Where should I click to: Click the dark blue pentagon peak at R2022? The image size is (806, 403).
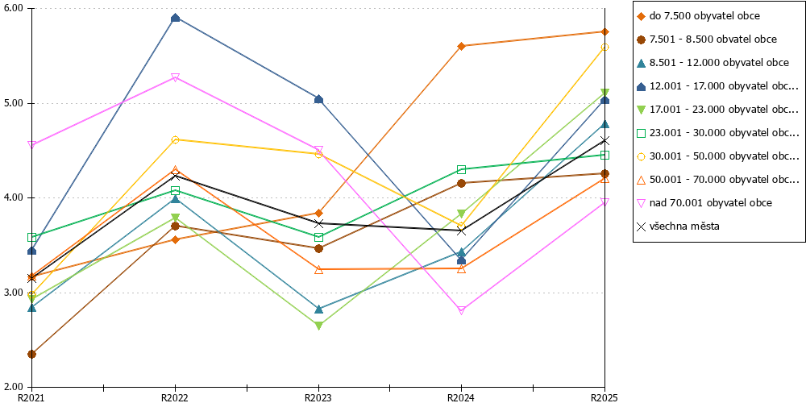[x=175, y=18]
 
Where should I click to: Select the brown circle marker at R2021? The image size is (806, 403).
[x=32, y=354]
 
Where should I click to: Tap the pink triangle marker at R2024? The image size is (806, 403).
[x=461, y=310]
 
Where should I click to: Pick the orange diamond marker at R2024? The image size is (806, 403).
[x=461, y=46]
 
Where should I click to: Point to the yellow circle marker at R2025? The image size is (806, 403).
[x=605, y=48]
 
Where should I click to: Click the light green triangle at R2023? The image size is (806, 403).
[x=318, y=326]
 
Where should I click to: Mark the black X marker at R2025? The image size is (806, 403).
[x=605, y=140]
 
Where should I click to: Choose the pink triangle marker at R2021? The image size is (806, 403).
[x=32, y=145]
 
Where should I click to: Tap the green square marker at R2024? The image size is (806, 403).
[x=461, y=169]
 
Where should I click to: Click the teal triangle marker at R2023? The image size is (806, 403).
[x=318, y=309]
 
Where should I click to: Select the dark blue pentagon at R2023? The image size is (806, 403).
[x=318, y=99]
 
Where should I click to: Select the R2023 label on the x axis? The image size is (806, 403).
[x=318, y=397]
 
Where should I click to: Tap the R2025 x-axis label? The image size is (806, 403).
[x=605, y=397]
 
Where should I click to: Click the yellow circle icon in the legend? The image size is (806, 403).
[x=641, y=156]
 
